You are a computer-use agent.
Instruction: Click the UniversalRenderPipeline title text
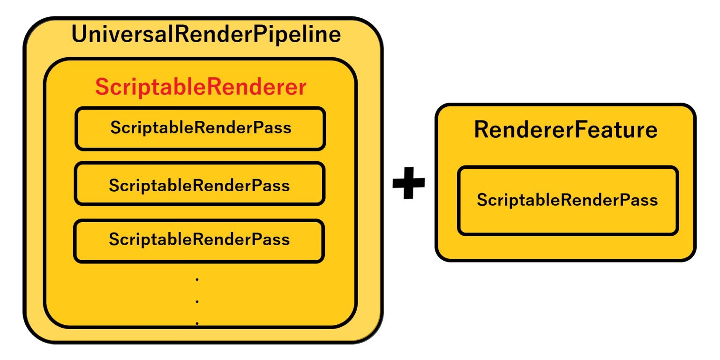pos(206,35)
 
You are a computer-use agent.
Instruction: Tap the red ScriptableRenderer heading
pos(201,87)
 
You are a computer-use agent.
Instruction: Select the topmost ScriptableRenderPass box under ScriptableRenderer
pos(200,128)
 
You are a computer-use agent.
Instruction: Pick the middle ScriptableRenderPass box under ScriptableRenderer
pos(200,184)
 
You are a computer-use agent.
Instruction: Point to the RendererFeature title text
pos(565,130)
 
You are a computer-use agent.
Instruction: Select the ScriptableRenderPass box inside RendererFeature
pos(568,201)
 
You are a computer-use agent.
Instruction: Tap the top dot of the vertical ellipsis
pos(197,280)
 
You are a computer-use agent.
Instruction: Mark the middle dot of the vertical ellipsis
pos(197,301)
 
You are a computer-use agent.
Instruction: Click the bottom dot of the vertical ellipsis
pos(197,322)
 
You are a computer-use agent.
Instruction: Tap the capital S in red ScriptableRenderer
pos(102,87)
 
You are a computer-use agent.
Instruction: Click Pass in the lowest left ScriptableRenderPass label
pos(271,240)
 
